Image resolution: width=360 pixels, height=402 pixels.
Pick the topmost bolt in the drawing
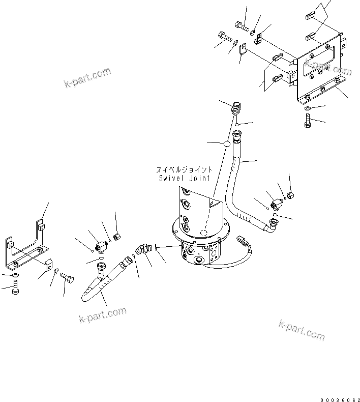[x=242, y=23]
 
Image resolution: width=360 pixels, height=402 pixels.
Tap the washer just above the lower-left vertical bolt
[x=15, y=276]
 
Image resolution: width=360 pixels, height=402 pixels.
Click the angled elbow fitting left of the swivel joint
[x=142, y=249]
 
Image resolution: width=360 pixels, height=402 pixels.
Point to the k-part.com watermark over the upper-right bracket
[x=322, y=66]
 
